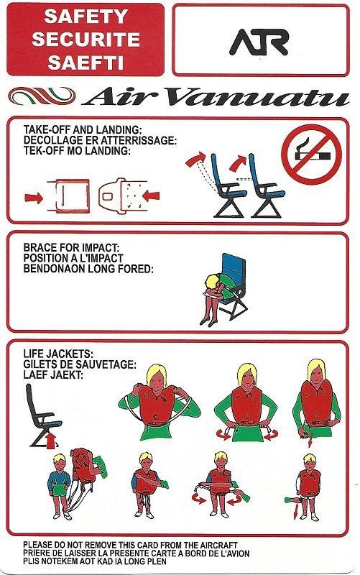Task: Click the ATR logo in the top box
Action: [x=259, y=42]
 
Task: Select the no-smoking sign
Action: [x=310, y=154]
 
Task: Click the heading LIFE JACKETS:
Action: [x=58, y=354]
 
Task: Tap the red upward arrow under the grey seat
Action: [x=48, y=439]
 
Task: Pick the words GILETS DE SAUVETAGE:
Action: [x=80, y=364]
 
